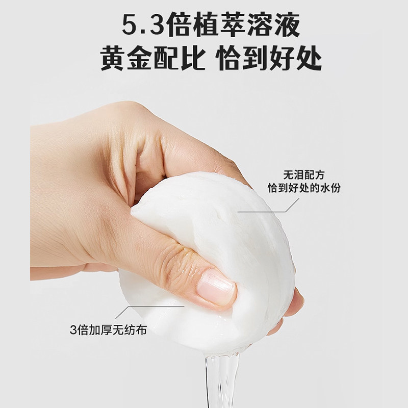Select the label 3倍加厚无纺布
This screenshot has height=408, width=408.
[x=109, y=329]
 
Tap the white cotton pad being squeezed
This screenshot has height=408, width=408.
[x=229, y=240]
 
